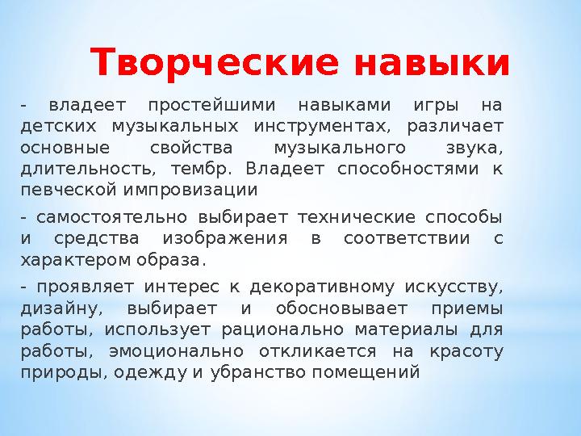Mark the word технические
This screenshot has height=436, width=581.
(x=357, y=217)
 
